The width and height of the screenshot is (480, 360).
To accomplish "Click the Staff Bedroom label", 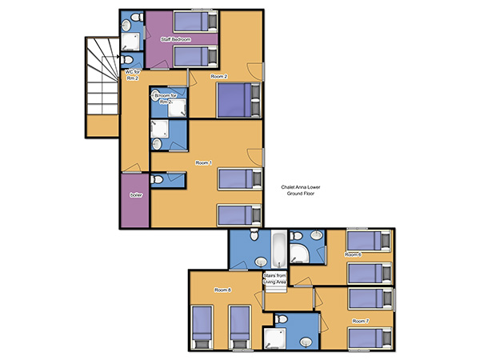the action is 176,39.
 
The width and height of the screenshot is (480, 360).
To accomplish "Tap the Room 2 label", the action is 219,77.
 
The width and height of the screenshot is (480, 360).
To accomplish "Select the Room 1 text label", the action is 203,163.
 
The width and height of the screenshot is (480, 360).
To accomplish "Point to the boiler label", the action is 136,195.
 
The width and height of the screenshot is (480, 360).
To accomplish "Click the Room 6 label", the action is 353,254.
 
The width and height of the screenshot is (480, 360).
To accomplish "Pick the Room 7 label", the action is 360,321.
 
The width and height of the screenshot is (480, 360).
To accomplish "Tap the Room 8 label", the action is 222,290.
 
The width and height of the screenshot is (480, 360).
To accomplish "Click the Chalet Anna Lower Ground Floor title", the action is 301,190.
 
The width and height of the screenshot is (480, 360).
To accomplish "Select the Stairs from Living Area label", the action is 275,278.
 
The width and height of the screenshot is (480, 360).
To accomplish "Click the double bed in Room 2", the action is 238,100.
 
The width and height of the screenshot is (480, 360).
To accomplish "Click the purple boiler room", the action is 135,201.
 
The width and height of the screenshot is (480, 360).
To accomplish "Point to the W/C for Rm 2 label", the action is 132,75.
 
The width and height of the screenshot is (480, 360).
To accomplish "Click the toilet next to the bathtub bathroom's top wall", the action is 254,234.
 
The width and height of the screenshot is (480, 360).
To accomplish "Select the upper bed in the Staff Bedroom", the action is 196,22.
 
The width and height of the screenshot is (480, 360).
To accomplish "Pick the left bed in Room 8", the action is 202,327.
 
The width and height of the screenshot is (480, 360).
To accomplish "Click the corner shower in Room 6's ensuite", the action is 299,253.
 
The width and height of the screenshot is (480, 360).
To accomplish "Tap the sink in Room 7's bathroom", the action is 306,342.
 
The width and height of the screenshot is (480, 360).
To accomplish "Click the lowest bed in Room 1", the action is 239,215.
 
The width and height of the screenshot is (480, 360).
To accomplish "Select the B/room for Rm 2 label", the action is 166,98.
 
